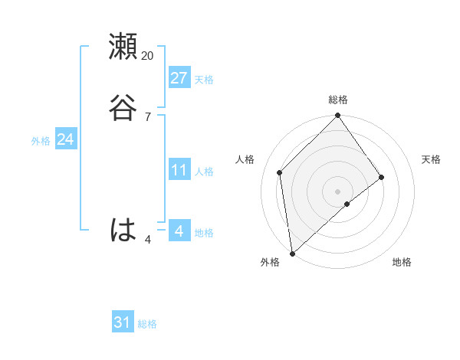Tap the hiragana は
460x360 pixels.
(123, 229)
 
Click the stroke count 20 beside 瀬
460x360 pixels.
(148, 55)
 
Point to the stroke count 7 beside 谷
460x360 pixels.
(148, 116)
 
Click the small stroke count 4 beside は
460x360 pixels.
(148, 240)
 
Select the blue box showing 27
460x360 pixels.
(179, 78)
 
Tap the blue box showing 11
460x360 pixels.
(179, 170)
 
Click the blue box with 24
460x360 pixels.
(65, 139)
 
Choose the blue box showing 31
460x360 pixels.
(123, 322)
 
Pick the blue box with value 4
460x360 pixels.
(179, 231)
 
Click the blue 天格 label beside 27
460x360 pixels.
(204, 80)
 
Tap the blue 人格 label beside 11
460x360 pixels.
(204, 172)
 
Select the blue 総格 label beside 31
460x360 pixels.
(147, 324)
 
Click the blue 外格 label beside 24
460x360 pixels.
(41, 141)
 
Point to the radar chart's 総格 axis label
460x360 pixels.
(338, 100)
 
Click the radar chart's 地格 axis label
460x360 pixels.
(402, 263)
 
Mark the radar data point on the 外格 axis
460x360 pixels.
(292, 253)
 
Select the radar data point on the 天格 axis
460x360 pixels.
(382, 178)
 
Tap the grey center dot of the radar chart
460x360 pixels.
(338, 191)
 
